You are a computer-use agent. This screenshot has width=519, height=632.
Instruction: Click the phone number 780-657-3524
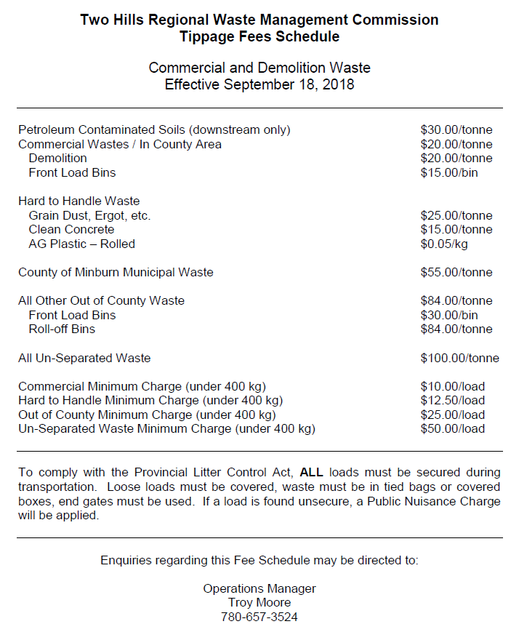click(x=259, y=617)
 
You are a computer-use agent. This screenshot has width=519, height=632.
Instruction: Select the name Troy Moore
click(x=259, y=603)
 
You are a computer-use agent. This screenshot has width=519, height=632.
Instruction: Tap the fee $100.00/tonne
click(x=459, y=358)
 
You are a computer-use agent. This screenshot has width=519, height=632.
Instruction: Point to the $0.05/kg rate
click(x=443, y=244)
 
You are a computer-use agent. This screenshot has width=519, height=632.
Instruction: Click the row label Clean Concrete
click(x=71, y=230)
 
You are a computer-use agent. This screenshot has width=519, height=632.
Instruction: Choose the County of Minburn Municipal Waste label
click(x=116, y=272)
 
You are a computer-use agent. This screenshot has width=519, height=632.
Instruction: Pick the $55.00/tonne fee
click(x=456, y=272)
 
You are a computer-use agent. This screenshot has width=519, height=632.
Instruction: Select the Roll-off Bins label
click(x=62, y=329)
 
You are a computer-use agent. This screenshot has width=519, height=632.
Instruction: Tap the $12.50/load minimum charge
click(x=452, y=401)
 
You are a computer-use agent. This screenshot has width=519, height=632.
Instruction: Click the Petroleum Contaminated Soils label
click(x=154, y=129)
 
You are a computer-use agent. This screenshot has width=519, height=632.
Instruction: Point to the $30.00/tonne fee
click(x=456, y=129)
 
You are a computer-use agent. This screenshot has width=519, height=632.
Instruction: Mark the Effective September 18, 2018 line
click(x=259, y=84)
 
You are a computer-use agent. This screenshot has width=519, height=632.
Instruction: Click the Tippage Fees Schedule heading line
click(x=259, y=36)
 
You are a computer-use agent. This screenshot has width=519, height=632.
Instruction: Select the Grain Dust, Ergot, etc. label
click(x=89, y=215)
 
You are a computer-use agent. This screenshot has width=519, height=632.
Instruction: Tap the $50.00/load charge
click(x=452, y=429)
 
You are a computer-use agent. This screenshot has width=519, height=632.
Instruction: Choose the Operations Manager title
click(x=259, y=588)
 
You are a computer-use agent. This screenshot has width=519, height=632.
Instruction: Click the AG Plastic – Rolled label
click(x=81, y=244)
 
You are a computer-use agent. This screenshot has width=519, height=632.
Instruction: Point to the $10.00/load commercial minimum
click(x=452, y=386)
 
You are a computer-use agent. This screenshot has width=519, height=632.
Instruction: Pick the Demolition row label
click(x=57, y=158)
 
